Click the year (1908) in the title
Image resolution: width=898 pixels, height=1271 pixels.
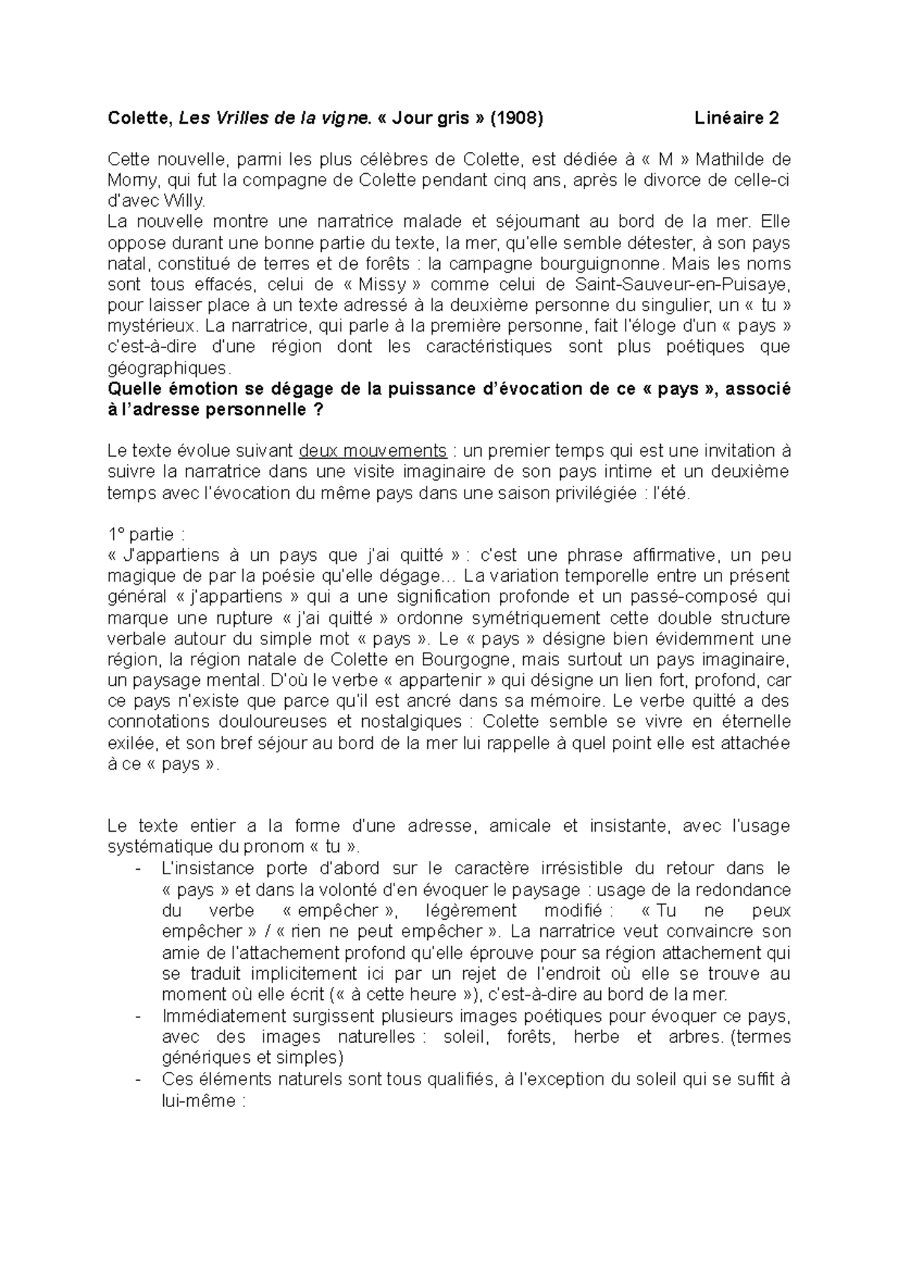coord(517,118)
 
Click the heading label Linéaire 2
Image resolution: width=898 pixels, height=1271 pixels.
coord(736,118)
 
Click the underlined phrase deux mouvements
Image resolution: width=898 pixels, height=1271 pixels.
coord(372,451)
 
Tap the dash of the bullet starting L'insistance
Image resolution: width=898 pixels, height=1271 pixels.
coord(137,869)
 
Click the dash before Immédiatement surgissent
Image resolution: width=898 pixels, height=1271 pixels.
coord(137,1017)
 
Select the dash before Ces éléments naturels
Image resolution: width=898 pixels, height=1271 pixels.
coord(137,1079)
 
